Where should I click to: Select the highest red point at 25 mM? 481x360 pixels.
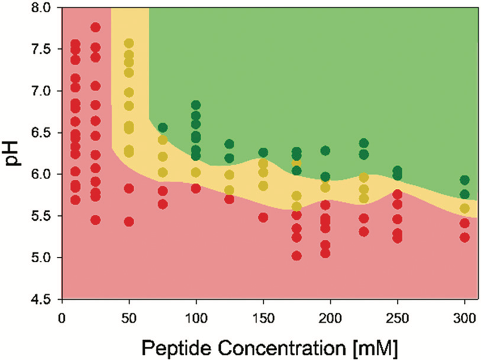(95, 27)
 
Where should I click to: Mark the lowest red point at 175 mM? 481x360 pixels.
(297, 256)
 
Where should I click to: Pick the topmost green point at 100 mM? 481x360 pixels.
(196, 105)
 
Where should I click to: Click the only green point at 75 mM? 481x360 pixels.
(163, 128)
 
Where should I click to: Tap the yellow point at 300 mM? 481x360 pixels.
(464, 209)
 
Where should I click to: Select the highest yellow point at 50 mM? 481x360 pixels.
(129, 44)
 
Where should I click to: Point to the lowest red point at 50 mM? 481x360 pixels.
(129, 222)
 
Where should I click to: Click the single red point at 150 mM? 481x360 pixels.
(263, 217)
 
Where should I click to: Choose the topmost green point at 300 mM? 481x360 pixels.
(464, 180)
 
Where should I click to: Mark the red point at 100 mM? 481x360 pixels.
(196, 188)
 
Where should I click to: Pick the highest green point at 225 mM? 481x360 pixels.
(364, 143)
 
